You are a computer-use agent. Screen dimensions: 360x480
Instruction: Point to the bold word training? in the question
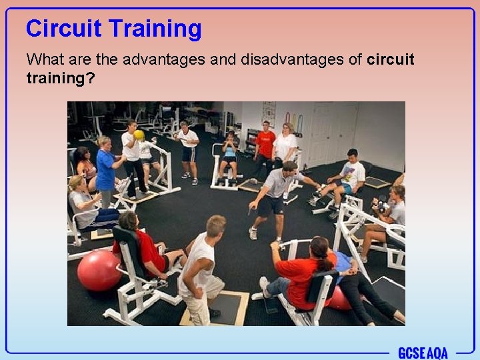pyautogui.click(x=60, y=78)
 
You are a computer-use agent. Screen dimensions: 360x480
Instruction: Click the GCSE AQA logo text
pyautogui.click(x=423, y=353)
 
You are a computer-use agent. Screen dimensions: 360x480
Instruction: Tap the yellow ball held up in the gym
pyautogui.click(x=139, y=135)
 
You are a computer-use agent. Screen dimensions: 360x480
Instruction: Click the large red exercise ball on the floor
pyautogui.click(x=99, y=270)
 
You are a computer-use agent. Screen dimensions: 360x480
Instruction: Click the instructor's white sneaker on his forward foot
pyautogui.click(x=253, y=233)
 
